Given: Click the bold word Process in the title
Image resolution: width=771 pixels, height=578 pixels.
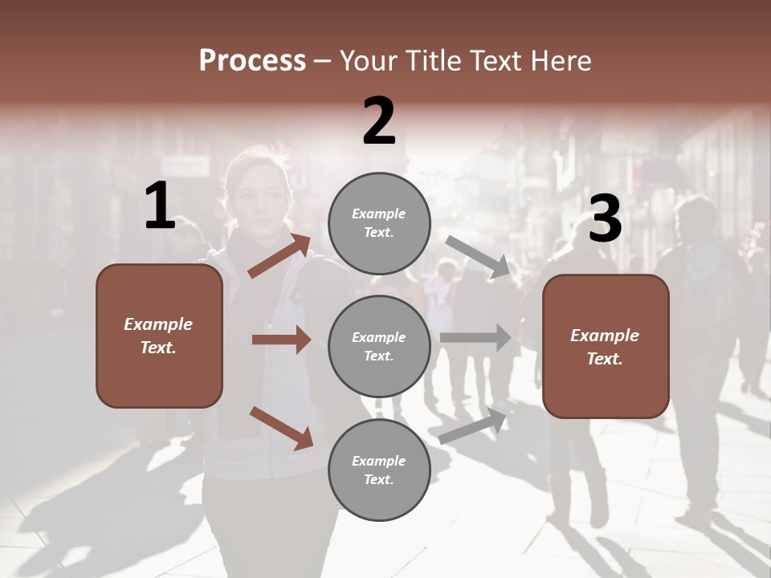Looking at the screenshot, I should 252,61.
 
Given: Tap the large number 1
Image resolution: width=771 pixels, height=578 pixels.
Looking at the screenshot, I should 160,206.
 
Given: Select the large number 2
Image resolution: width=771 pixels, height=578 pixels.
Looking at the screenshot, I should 379,121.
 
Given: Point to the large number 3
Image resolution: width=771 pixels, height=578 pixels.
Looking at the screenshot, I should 605,219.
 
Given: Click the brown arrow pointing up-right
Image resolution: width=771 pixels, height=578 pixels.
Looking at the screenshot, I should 279,256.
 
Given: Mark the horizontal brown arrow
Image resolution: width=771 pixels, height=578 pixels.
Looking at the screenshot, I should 281,340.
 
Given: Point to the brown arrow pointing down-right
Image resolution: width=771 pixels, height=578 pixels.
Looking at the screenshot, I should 281,428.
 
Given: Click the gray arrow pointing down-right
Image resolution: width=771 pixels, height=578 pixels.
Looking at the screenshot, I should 478,257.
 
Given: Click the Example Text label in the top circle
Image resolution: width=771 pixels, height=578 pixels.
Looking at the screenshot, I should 379,223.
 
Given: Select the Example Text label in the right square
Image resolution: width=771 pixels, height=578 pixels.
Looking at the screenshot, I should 605,347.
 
